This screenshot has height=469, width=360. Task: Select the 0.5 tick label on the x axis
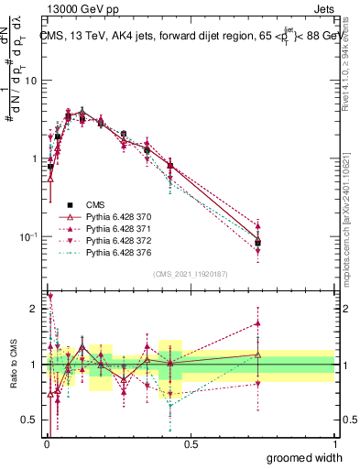pyautogui.click(x=191, y=444)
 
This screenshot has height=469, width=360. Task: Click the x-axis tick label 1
pyautogui.click(x=334, y=444)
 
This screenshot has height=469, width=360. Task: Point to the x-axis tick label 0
pyautogui.click(x=46, y=444)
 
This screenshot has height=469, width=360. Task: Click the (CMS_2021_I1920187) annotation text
pyautogui.click(x=190, y=273)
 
